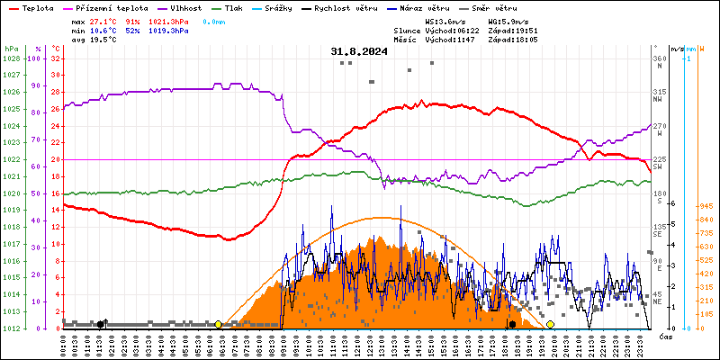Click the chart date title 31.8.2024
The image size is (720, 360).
(x=359, y=51)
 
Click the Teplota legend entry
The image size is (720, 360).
(x=37, y=7)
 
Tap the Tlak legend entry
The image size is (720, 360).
(x=234, y=7)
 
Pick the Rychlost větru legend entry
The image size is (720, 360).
(x=345, y=7)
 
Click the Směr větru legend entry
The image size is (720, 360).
(x=495, y=7)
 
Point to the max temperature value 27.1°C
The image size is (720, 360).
(x=104, y=20)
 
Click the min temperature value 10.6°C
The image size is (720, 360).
(x=104, y=30)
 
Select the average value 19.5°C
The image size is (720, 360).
(x=104, y=40)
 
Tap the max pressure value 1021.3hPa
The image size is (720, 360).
(x=167, y=20)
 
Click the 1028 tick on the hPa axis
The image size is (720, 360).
(x=11, y=58)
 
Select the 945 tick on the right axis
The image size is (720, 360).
(x=705, y=206)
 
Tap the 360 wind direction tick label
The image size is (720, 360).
(x=659, y=58)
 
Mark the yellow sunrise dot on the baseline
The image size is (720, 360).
(x=219, y=324)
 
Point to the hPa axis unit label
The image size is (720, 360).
(x=11, y=48)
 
